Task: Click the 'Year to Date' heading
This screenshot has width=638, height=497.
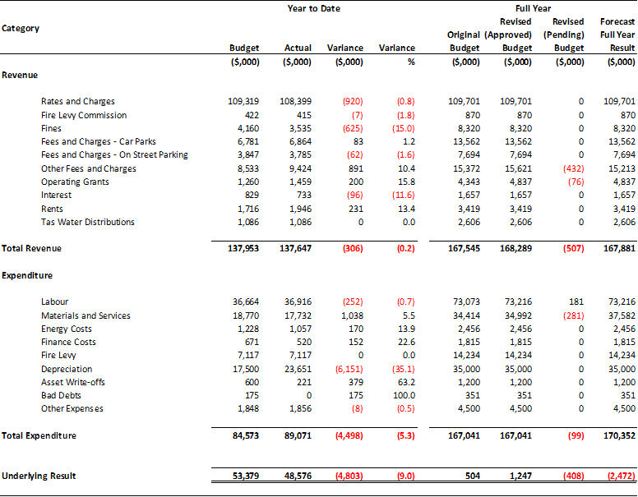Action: [x=314, y=8]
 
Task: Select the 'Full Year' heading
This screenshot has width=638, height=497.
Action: [x=533, y=8]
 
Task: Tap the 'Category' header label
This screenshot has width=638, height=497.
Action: [x=21, y=29]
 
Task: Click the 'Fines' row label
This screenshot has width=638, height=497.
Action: [x=51, y=128]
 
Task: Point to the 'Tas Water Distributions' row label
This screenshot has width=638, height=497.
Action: [x=88, y=222]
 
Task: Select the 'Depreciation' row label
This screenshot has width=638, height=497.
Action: [x=67, y=370]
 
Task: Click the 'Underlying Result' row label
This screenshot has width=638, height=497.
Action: [x=39, y=476]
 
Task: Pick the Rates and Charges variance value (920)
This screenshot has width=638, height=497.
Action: [x=353, y=101]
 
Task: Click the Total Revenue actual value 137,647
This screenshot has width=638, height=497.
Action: [x=295, y=248]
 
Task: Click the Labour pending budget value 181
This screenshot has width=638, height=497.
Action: [x=576, y=301]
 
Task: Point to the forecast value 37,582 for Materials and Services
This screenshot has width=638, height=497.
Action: [x=622, y=315]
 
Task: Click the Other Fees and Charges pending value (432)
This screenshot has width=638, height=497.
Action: [x=574, y=168]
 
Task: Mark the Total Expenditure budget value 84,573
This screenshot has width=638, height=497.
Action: [x=243, y=436]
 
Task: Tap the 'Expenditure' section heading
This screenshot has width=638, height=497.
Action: [x=27, y=276]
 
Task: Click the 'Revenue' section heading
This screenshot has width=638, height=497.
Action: [x=20, y=76]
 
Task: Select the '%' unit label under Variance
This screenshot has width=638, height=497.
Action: [x=411, y=62]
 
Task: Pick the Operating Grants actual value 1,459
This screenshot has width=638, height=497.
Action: [x=301, y=182]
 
